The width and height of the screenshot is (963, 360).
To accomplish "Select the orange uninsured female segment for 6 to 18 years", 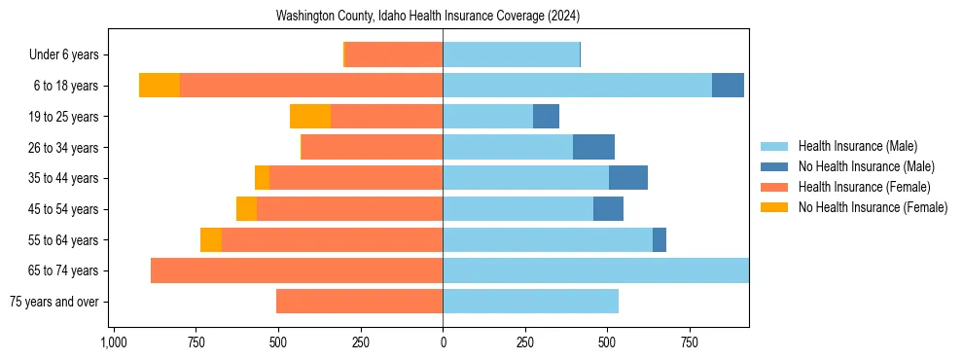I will pos(160,86).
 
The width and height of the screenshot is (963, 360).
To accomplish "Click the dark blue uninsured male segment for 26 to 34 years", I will pos(593,147).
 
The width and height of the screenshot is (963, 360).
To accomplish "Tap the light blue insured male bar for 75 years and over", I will pos(530,302).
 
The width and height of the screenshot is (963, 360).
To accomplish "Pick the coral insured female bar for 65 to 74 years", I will pos(297,270).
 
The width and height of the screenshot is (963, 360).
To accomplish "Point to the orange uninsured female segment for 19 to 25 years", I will pos(310,117).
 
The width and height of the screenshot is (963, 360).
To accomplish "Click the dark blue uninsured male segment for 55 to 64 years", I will pos(660,239).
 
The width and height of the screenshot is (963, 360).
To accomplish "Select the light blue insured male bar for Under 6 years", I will pos(511,54).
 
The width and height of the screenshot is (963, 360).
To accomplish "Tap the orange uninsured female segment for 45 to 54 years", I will pos(246,209).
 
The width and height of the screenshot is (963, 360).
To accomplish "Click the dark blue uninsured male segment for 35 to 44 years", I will pos(628,178).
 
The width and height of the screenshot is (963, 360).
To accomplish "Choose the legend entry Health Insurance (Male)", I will pos(857,146).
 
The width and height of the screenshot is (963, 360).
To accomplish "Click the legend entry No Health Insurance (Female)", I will pos(873,207).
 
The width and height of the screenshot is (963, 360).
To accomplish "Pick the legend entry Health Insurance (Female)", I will pos(864,187).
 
